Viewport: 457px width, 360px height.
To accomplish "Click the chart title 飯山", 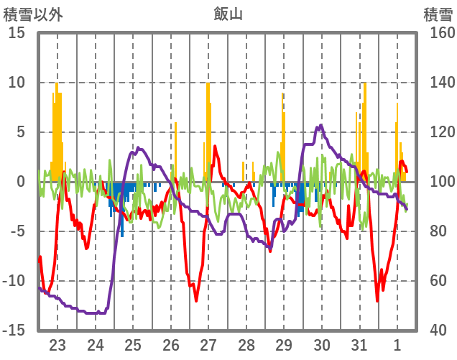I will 228,13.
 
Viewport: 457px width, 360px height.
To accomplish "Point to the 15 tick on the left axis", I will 16,33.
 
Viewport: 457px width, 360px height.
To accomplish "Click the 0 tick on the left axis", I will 20,182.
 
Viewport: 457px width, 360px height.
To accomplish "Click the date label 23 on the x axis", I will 57,344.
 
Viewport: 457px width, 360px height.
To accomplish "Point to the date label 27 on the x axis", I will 208,344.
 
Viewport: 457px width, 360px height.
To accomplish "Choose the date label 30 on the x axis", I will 322,344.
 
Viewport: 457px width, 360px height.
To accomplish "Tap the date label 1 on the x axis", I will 397,344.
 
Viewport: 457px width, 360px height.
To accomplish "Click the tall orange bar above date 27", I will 208,129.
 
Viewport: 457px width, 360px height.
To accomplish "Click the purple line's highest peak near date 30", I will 320,126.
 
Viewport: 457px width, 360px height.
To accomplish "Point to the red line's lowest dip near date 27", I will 195,300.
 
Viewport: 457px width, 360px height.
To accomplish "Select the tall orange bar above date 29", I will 282,137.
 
